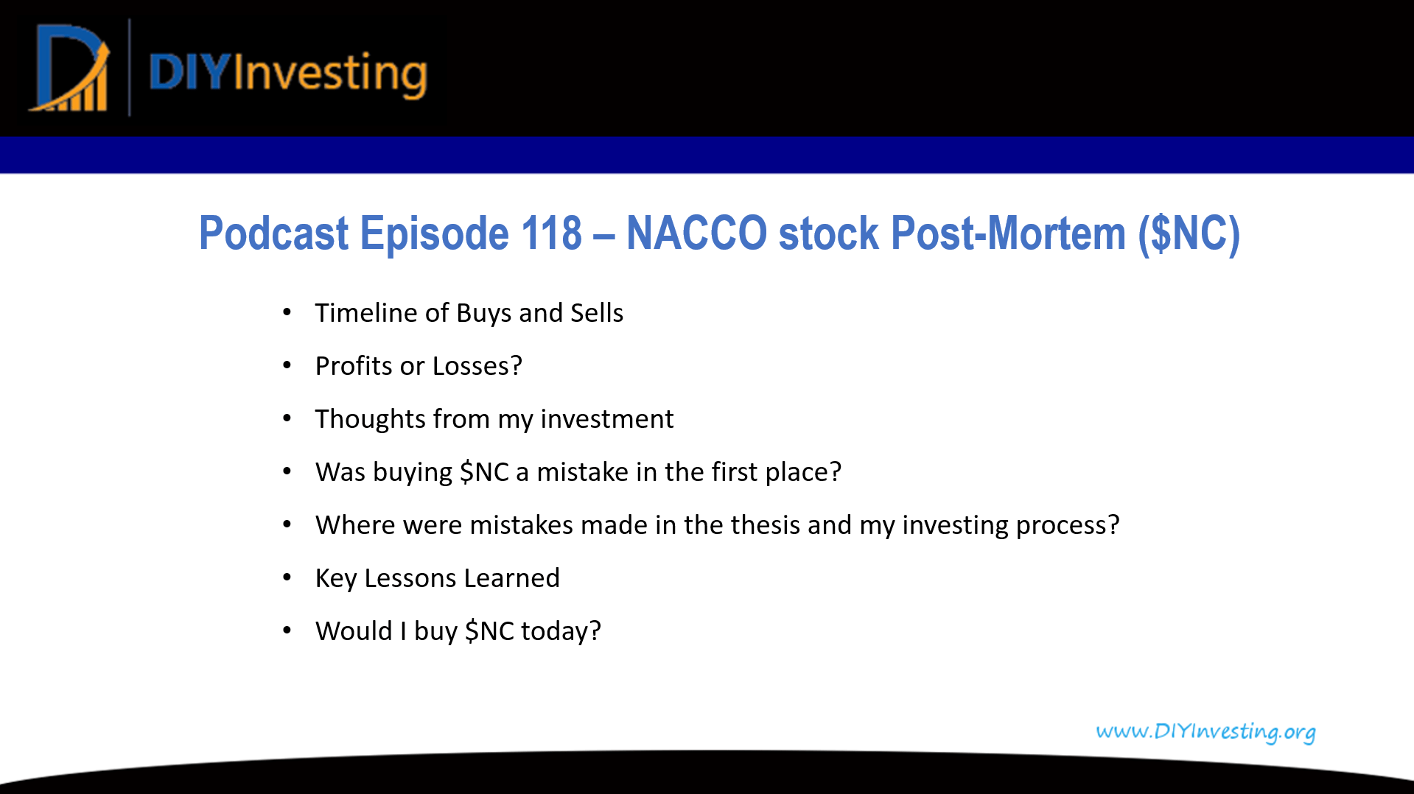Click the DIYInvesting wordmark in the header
click(x=287, y=74)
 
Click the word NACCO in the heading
click(x=696, y=233)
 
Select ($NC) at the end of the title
click(x=1189, y=234)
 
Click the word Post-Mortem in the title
click(x=1008, y=233)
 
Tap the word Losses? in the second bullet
click(x=477, y=366)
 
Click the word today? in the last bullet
click(x=560, y=631)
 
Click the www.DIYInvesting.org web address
click(x=1205, y=731)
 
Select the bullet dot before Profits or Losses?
click(x=287, y=365)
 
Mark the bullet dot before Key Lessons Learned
click(x=287, y=577)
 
